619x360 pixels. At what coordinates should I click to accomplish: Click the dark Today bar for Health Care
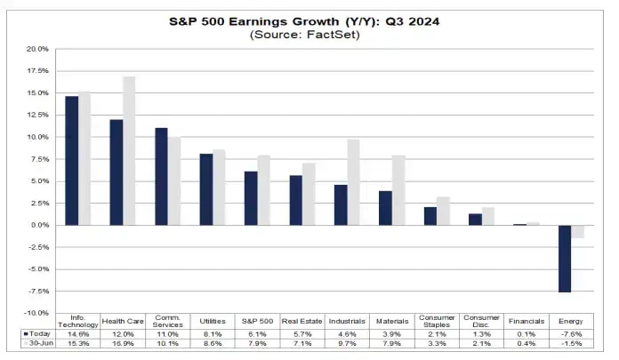[x=117, y=172]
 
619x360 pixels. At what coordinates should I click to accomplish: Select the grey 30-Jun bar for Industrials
[x=353, y=182]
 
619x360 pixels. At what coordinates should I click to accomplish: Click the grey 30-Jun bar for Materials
[x=398, y=190]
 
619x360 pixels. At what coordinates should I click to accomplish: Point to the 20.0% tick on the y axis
[x=37, y=49]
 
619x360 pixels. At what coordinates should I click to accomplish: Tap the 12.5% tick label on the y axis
[x=37, y=115]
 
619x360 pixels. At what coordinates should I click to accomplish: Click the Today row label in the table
[x=33, y=333]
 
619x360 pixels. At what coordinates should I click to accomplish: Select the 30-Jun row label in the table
[x=33, y=344]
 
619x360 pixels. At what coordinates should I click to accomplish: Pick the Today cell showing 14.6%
[x=78, y=333]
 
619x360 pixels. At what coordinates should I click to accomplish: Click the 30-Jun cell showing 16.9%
[x=124, y=344]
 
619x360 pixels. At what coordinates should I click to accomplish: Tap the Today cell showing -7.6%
[x=569, y=333]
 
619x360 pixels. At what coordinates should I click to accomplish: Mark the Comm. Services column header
[x=168, y=321]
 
